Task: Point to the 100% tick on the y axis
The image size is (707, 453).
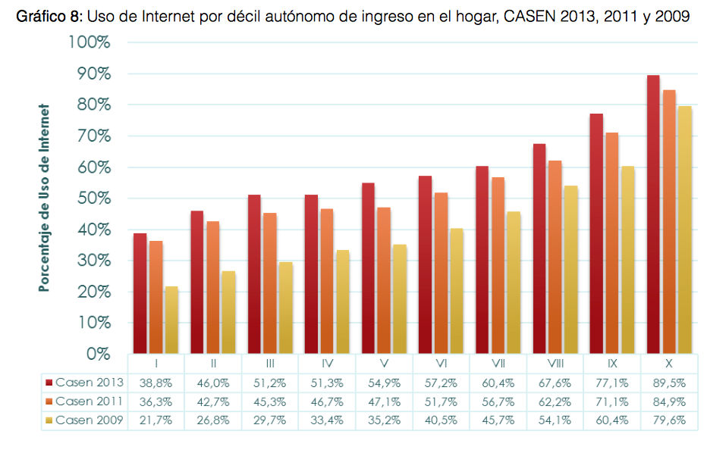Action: [90, 42]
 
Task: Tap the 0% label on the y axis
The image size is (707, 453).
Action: [96, 354]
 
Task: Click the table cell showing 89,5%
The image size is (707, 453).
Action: [669, 383]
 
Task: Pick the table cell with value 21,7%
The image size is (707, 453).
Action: [156, 420]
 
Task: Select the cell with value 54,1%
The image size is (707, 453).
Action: [555, 420]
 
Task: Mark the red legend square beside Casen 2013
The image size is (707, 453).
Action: [49, 383]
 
